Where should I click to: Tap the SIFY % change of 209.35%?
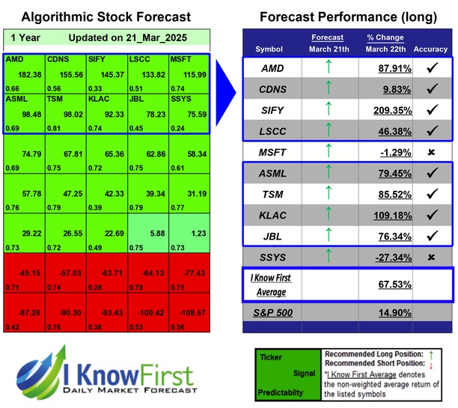pos(380,110)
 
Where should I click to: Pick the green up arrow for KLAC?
pos(327,215)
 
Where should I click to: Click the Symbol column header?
pos(269,49)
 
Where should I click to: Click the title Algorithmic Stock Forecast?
pos(106,16)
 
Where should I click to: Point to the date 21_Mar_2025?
pos(158,37)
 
